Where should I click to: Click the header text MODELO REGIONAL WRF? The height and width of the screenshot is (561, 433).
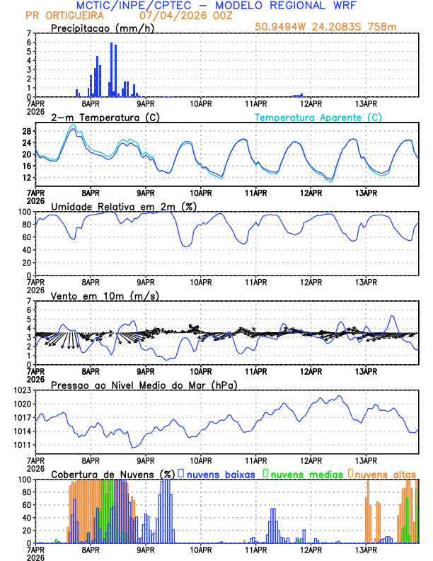[296, 5]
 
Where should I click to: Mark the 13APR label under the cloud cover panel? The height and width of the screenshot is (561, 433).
[366, 550]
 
